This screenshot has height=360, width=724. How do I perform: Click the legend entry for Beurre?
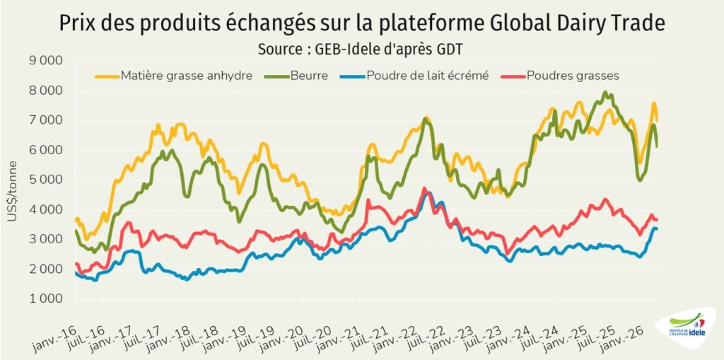(x=308, y=76)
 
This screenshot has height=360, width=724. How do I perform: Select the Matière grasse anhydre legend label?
(x=186, y=76)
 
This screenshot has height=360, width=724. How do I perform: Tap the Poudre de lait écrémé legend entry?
(x=427, y=76)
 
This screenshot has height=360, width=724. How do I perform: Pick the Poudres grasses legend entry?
(x=573, y=76)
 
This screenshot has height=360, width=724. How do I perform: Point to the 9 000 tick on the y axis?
(x=47, y=62)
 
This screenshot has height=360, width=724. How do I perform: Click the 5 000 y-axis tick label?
(x=47, y=180)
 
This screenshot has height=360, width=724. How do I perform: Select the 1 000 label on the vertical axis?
(x=47, y=299)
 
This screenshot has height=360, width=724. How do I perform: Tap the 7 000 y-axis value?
(x=47, y=121)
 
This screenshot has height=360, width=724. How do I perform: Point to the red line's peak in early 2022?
(x=424, y=189)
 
